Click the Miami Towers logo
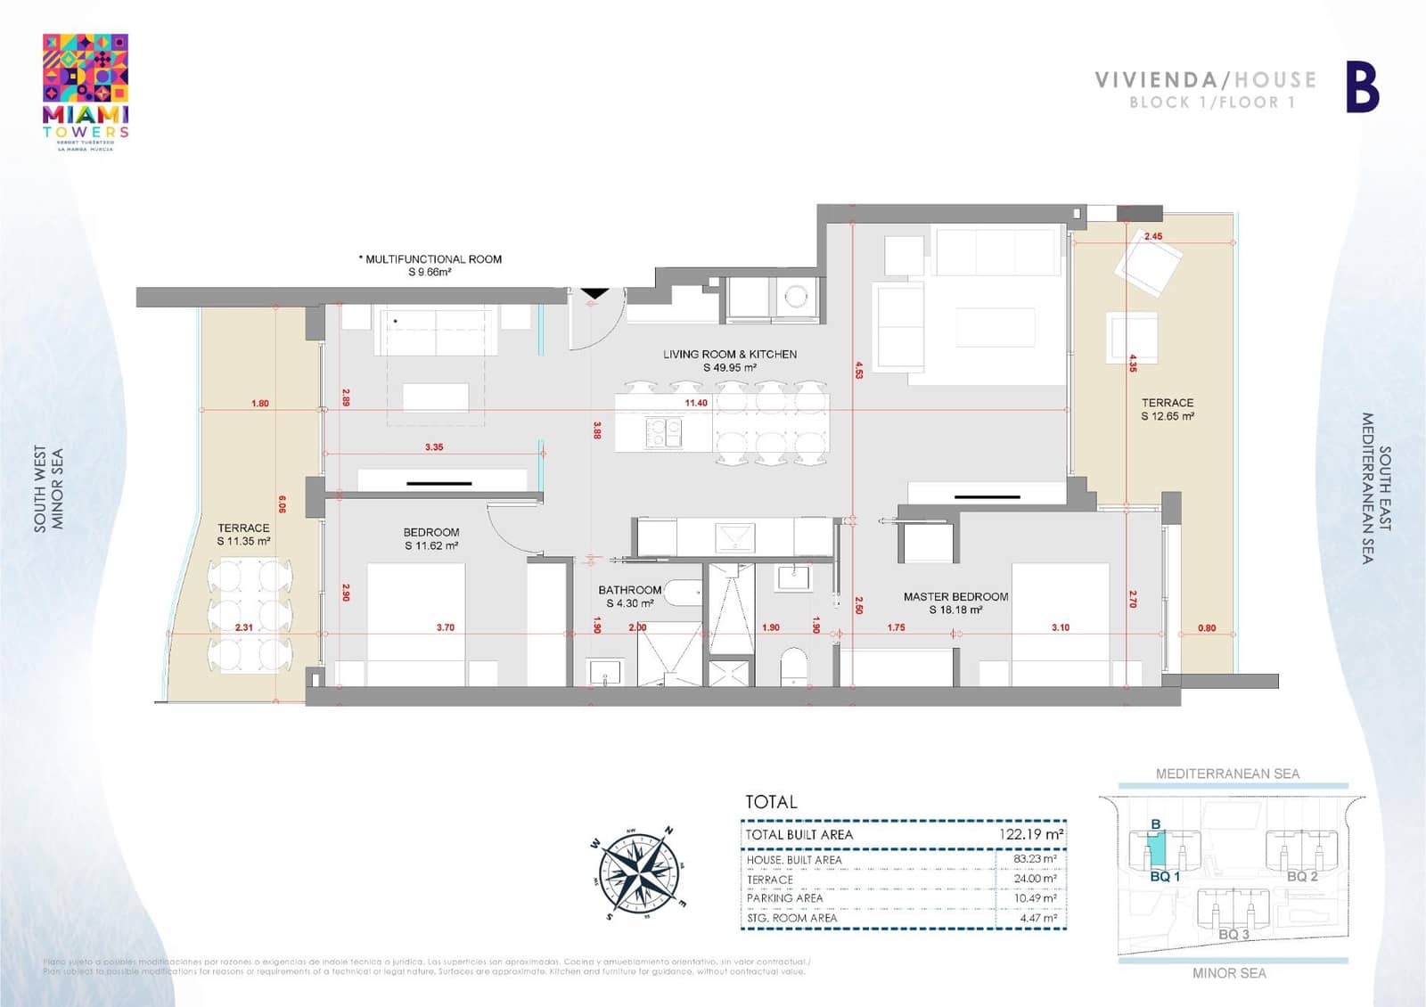pyautogui.click(x=86, y=92)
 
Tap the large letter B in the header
pyautogui.click(x=1362, y=87)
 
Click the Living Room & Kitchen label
pyautogui.click(x=729, y=360)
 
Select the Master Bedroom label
pyautogui.click(x=955, y=602)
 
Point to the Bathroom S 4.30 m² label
pyautogui.click(x=629, y=596)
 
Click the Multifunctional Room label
pyautogui.click(x=431, y=265)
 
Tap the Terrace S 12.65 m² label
pyautogui.click(x=1167, y=409)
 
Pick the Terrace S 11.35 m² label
pyautogui.click(x=243, y=534)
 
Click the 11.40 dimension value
pyautogui.click(x=696, y=403)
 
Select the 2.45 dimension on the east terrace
pyautogui.click(x=1152, y=236)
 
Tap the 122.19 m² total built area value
pyautogui.click(x=1030, y=834)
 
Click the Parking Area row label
pyautogui.click(x=784, y=898)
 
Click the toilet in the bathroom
pyautogui.click(x=792, y=666)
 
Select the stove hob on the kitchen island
pyautogui.click(x=663, y=432)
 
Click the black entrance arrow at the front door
pyautogui.click(x=594, y=293)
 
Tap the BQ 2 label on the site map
pyautogui.click(x=1301, y=876)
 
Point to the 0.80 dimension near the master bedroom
pyautogui.click(x=1206, y=628)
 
